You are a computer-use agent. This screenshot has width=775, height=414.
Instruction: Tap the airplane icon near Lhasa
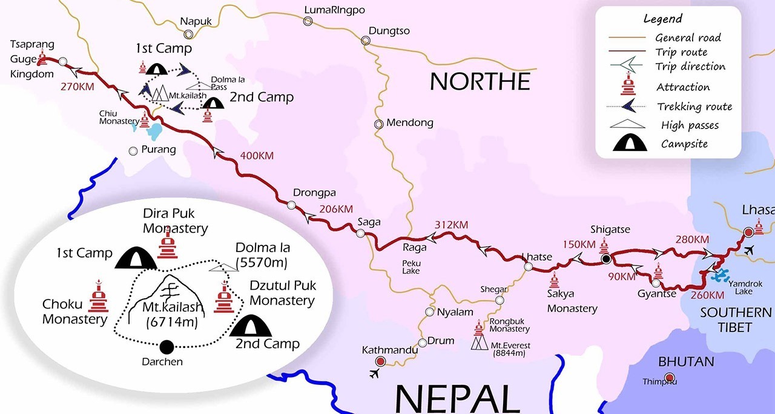pos(750,250)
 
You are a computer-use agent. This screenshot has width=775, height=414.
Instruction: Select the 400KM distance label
pos(257,155)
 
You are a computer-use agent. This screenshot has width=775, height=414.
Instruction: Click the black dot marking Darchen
pos(166,347)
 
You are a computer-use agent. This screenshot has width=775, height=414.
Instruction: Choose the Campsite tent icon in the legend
pos(625,144)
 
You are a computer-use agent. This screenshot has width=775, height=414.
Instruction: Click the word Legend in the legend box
pos(662,19)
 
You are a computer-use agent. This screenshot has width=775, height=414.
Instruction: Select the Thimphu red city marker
pos(669,378)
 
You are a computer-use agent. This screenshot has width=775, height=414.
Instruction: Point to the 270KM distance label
pos(77,87)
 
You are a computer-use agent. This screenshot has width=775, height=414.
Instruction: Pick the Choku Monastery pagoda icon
pos(97,296)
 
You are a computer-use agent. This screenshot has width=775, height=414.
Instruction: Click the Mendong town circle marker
pos(378,124)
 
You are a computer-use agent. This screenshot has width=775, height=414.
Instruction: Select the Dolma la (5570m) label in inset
pos(263,255)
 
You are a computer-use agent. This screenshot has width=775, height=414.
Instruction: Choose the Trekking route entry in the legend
pos(694,107)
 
